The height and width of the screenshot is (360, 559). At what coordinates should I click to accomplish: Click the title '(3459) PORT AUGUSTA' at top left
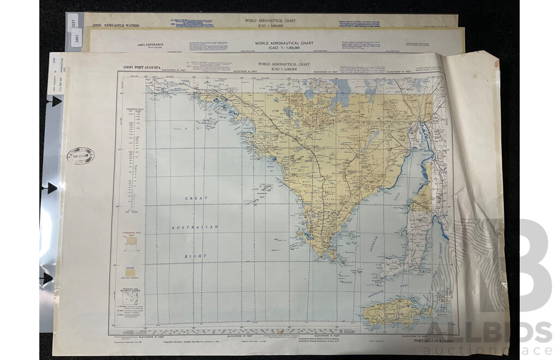(136, 68)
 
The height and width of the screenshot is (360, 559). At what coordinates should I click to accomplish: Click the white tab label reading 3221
(74, 24)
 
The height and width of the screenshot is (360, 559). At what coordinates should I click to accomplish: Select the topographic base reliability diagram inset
(130, 298)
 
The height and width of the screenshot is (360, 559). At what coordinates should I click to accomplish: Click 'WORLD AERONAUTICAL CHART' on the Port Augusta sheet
(283, 64)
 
